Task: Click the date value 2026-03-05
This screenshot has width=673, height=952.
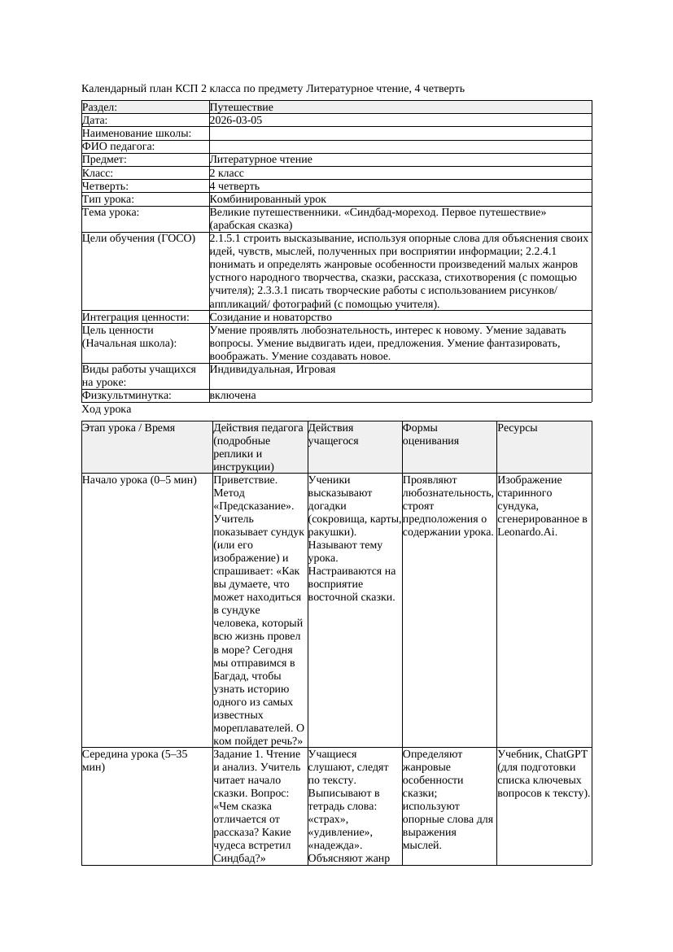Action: tap(235, 120)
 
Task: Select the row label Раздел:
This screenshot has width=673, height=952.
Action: tap(100, 107)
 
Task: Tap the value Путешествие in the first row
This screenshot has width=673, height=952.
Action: tap(241, 107)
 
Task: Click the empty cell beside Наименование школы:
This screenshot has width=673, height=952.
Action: tap(400, 133)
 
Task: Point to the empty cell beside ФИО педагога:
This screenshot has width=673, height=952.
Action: tap(400, 146)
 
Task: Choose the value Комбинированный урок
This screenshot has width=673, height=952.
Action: tap(268, 199)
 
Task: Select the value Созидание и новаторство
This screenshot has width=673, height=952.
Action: tap(270, 317)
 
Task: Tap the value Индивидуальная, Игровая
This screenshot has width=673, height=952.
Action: tap(272, 369)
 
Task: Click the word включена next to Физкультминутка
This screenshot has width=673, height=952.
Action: tap(232, 395)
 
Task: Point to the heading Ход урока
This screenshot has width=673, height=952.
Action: tap(107, 410)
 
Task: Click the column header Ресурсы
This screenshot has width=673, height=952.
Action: tap(517, 428)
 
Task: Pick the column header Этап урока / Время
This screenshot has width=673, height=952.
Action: tap(129, 428)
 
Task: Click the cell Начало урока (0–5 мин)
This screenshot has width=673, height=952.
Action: tap(139, 480)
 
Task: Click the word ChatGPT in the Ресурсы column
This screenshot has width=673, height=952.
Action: tap(566, 754)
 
